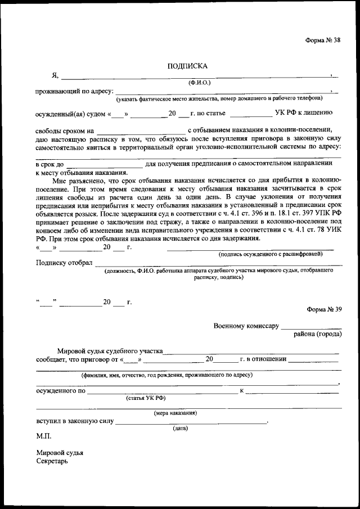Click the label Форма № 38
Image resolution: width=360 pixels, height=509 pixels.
(323, 40)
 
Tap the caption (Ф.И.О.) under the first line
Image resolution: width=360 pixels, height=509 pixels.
(200, 82)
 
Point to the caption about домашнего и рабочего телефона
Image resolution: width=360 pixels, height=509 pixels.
(219, 99)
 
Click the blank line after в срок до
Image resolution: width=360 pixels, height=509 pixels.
(104, 164)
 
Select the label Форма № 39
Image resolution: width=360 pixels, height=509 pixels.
(323, 309)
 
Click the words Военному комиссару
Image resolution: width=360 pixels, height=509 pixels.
(246, 326)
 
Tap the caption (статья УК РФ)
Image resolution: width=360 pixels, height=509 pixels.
(146, 398)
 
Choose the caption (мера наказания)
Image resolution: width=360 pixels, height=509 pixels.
(175, 413)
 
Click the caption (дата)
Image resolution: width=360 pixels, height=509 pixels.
(180, 428)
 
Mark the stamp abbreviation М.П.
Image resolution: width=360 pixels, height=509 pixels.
(43, 436)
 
